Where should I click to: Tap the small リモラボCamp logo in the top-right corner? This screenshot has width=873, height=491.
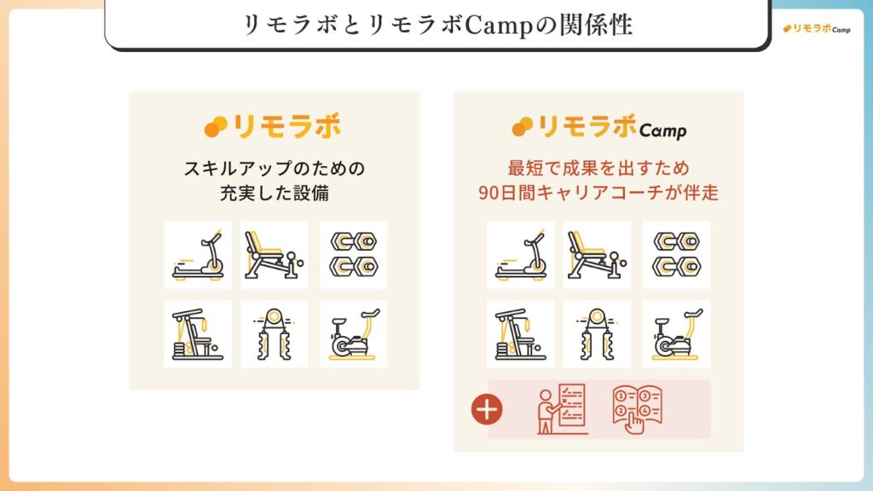pyautogui.click(x=816, y=27)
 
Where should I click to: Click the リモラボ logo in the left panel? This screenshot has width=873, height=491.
pyautogui.click(x=274, y=128)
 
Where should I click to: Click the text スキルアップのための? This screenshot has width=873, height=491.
pyautogui.click(x=274, y=169)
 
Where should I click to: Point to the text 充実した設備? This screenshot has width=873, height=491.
pyautogui.click(x=274, y=194)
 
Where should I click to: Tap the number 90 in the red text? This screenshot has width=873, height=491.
pyautogui.click(x=489, y=194)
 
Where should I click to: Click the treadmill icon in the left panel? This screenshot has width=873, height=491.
pyautogui.click(x=198, y=255)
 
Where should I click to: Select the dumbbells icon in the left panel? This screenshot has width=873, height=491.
pyautogui.click(x=353, y=255)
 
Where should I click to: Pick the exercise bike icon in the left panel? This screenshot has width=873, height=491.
pyautogui.click(x=353, y=334)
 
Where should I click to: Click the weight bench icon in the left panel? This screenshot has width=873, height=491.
pyautogui.click(x=275, y=255)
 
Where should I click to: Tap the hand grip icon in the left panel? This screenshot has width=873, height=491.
pyautogui.click(x=275, y=334)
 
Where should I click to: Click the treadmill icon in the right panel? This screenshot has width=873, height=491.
pyautogui.click(x=520, y=255)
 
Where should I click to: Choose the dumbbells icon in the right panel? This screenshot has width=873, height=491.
pyautogui.click(x=676, y=255)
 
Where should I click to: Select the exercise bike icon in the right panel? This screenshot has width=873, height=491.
pyautogui.click(x=676, y=334)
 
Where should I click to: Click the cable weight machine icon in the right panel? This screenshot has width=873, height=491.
pyautogui.click(x=520, y=334)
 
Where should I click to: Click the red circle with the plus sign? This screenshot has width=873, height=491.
pyautogui.click(x=487, y=409)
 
